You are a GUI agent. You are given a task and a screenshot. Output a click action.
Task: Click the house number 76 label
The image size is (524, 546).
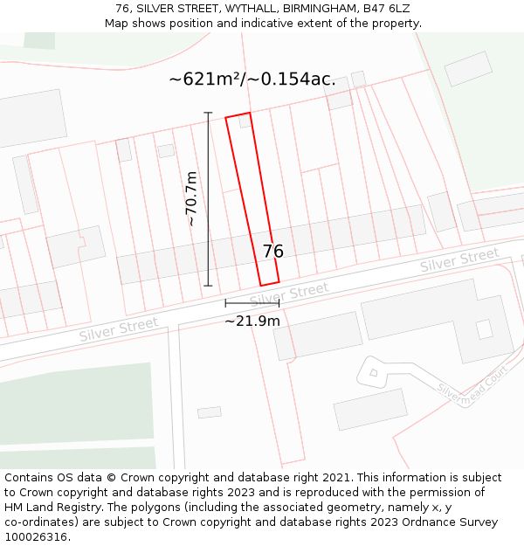(x=272, y=252)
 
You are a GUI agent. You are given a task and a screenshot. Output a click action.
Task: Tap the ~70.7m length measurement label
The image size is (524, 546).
(x=191, y=199)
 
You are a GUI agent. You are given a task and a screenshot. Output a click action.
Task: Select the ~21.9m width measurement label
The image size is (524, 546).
(x=252, y=321)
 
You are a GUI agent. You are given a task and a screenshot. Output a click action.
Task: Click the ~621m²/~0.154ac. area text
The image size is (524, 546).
(x=252, y=79)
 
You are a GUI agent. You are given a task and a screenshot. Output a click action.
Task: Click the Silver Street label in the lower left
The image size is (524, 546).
(x=119, y=329)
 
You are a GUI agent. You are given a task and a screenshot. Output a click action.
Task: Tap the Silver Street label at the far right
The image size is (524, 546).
(x=458, y=259)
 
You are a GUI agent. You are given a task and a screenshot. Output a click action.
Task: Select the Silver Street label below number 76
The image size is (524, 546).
(x=289, y=294)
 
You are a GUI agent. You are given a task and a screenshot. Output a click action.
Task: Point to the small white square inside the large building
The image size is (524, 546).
(x=484, y=329)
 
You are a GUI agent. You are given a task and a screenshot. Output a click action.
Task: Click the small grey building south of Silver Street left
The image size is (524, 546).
(x=210, y=412)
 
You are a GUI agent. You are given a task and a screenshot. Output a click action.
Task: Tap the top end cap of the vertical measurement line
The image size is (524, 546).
(x=208, y=113)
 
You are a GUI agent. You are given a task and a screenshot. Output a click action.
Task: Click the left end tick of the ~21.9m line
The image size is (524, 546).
(x=225, y=303)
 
